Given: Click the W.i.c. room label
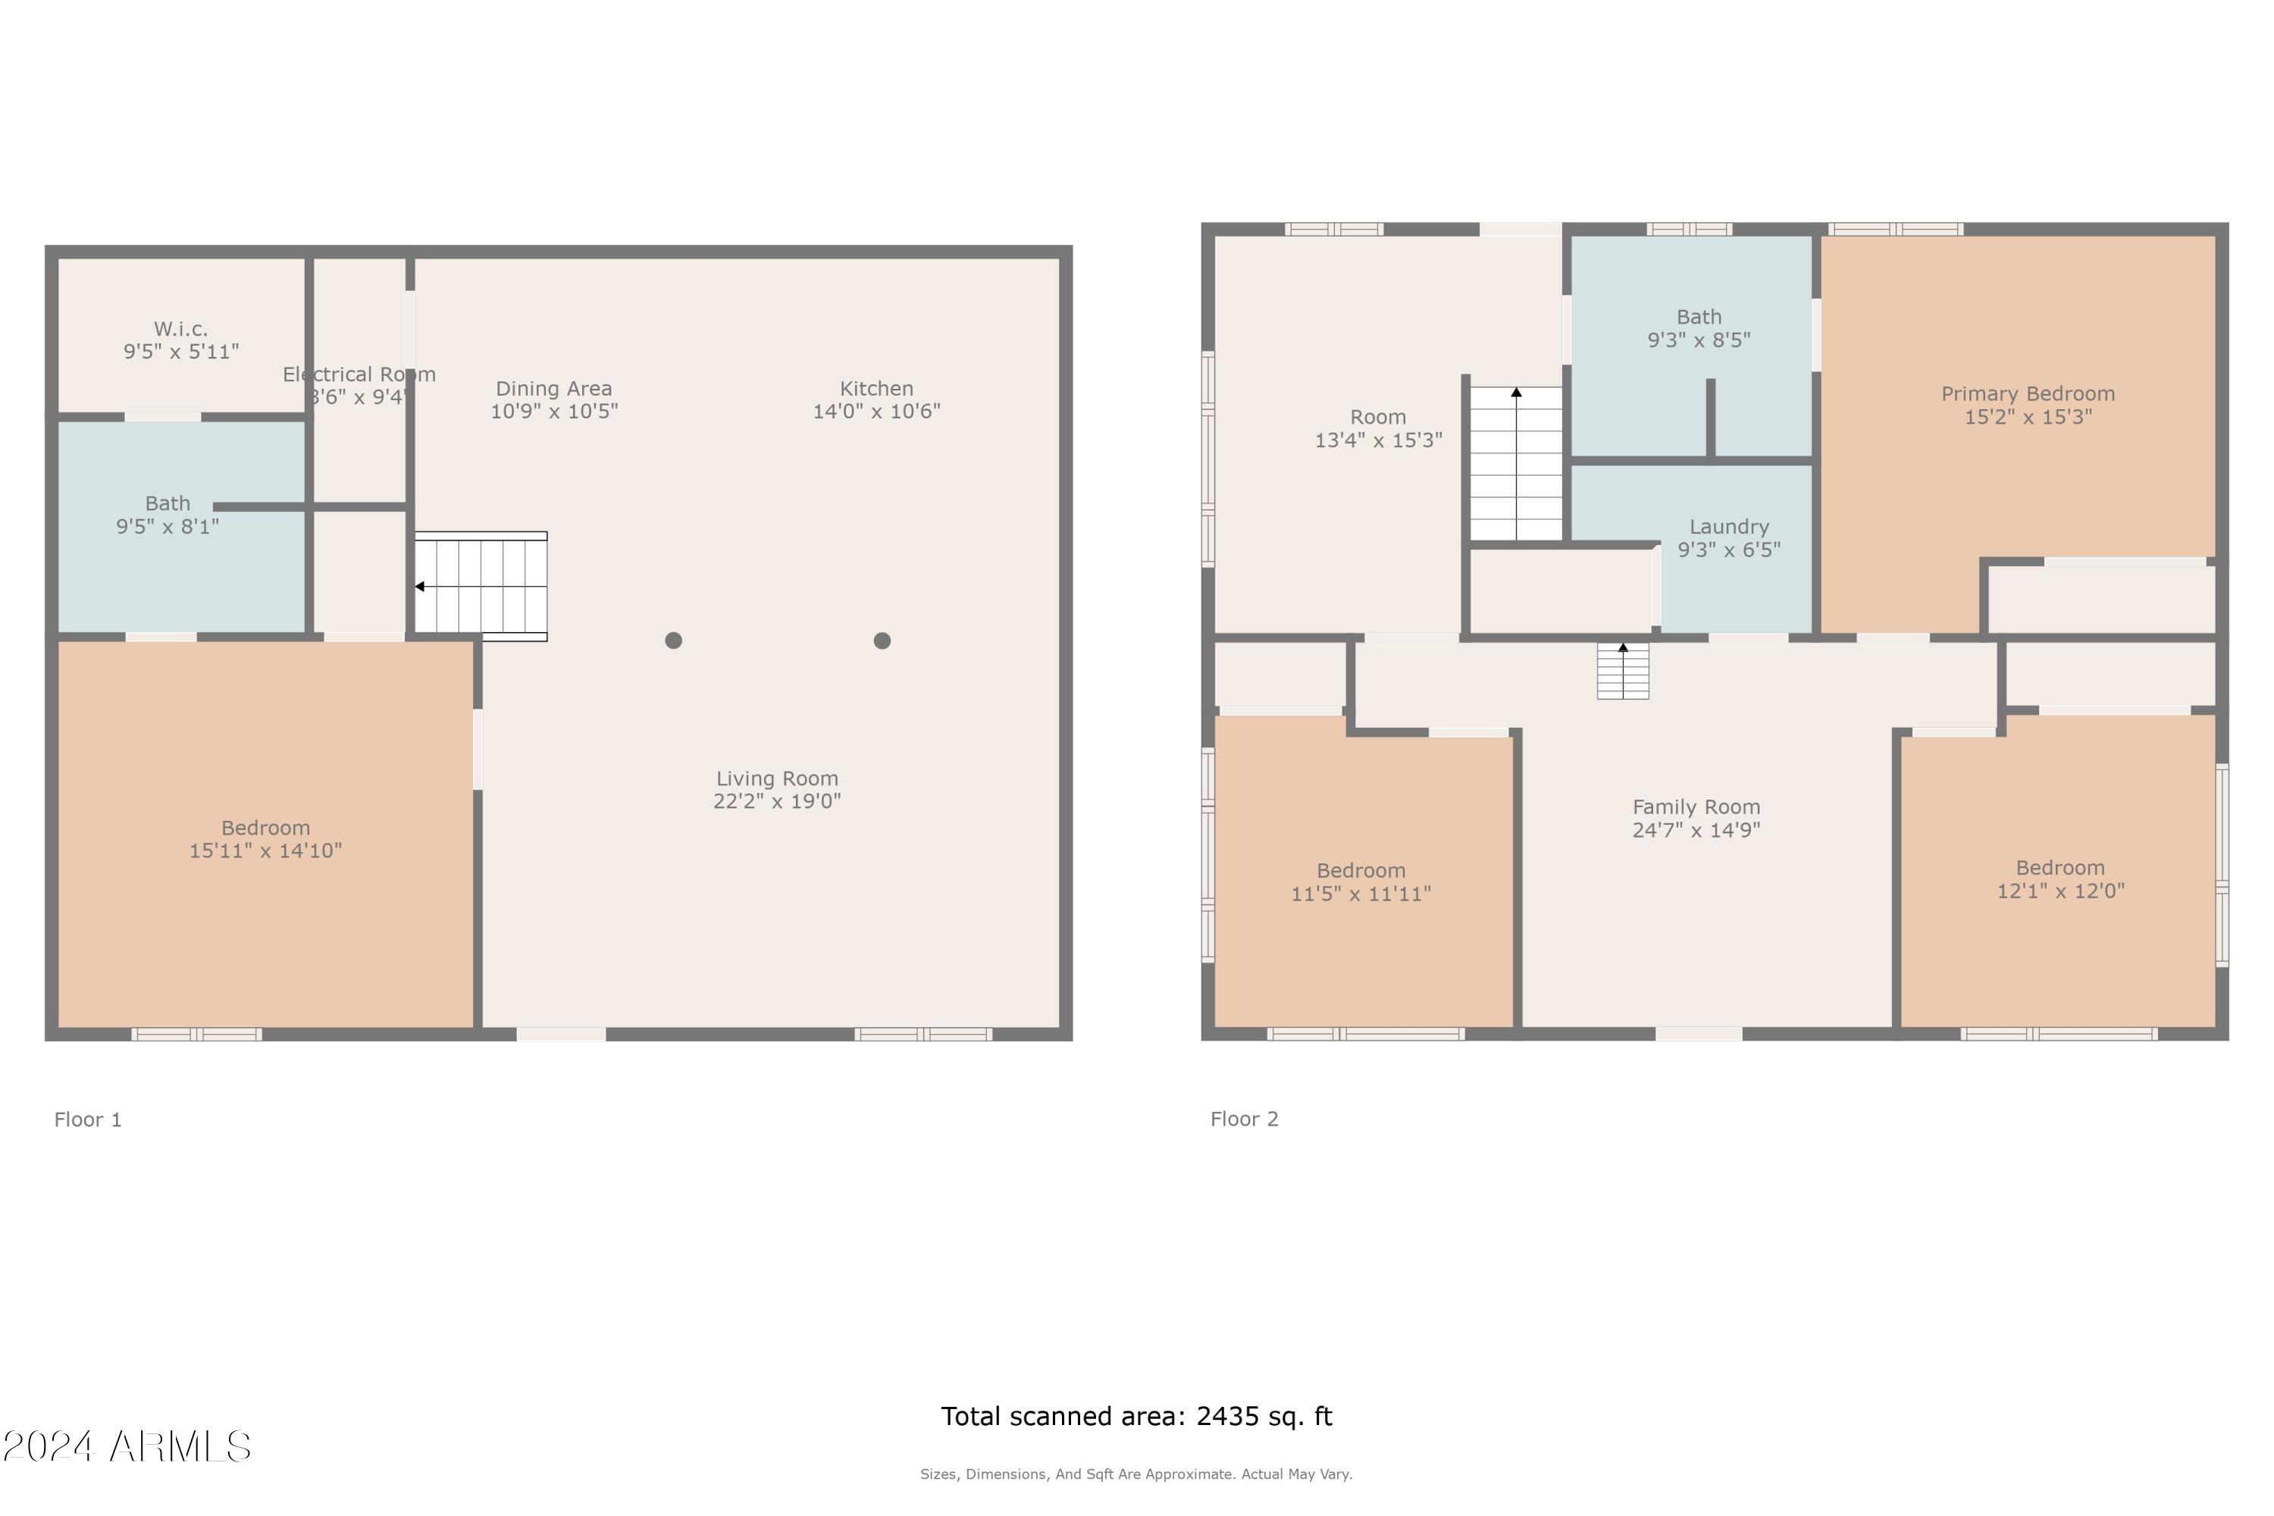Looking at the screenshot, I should click(x=181, y=330).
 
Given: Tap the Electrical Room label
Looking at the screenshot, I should click(x=359, y=375).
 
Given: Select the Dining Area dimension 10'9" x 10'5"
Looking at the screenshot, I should click(x=554, y=412).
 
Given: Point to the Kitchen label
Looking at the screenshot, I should click(x=876, y=389).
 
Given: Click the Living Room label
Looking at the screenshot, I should click(x=776, y=779).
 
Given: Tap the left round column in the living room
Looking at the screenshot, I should click(x=674, y=640).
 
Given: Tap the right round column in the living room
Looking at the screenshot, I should click(x=882, y=640).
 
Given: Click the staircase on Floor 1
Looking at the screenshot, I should click(x=481, y=586).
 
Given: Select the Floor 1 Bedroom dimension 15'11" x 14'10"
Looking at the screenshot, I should click(x=266, y=850).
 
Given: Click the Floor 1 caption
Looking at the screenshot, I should click(x=88, y=1120).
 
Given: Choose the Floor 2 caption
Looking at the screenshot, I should click(x=1245, y=1119).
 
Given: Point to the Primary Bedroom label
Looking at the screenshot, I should click(x=2028, y=394).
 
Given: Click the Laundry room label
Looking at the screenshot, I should click(x=1729, y=527).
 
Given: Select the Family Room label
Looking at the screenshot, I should click(x=1696, y=807).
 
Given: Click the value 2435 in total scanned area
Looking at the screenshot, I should click(x=1229, y=1417).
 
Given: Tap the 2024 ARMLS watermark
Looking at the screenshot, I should click(x=127, y=1447).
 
